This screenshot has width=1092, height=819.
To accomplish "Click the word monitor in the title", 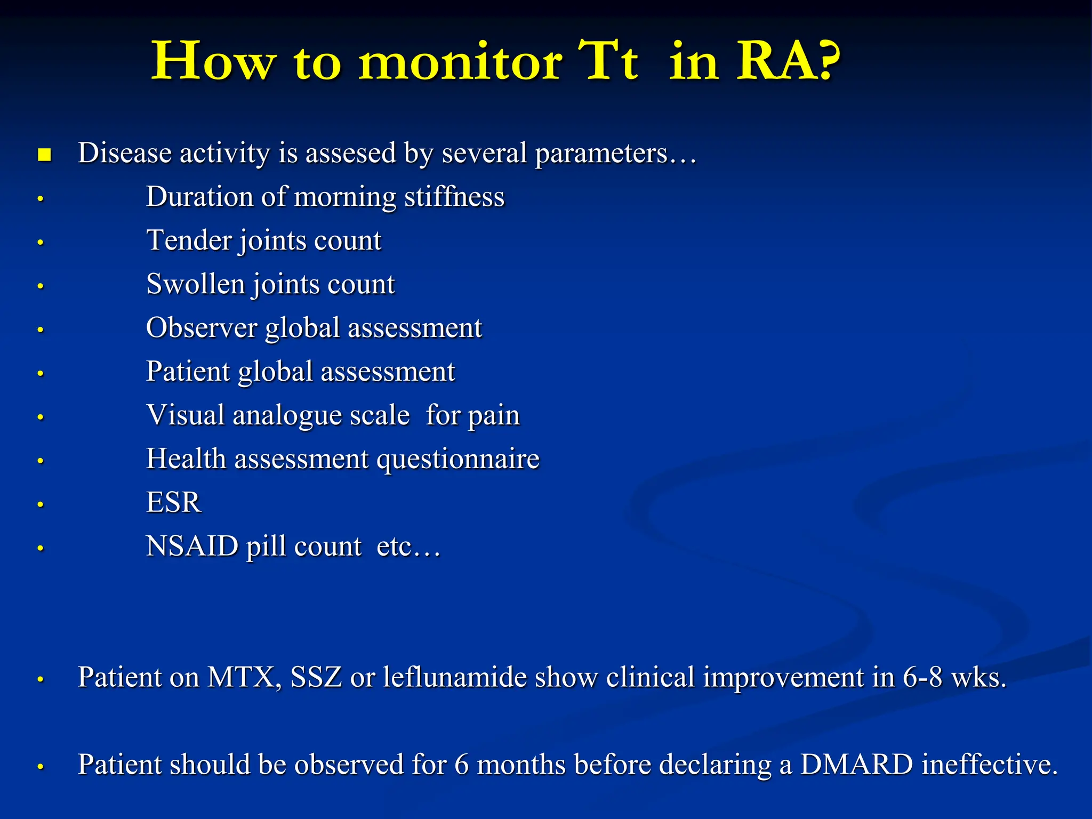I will (460, 63).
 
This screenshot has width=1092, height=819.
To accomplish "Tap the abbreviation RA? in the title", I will (788, 62).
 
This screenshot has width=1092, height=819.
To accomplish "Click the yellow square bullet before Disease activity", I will (45, 155).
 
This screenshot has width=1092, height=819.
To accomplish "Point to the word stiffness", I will (454, 197).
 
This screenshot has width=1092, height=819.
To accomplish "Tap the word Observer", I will (201, 328).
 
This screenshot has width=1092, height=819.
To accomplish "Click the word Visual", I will (185, 415).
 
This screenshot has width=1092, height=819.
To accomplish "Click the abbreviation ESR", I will (174, 503).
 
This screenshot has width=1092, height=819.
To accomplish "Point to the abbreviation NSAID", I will (192, 547).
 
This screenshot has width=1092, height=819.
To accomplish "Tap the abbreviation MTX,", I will (244, 678).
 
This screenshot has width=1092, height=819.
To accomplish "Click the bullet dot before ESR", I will (41, 504).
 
